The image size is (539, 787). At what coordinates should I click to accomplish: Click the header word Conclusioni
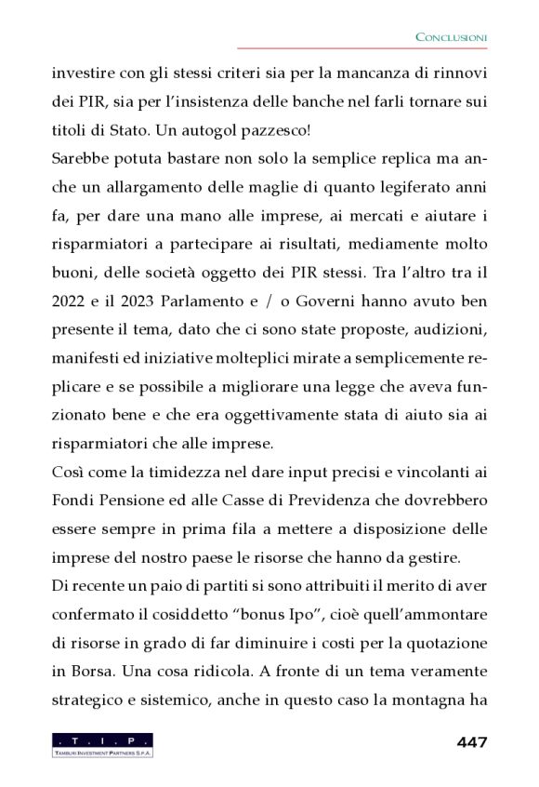[451, 36]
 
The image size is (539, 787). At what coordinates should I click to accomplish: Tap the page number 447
[472, 742]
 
